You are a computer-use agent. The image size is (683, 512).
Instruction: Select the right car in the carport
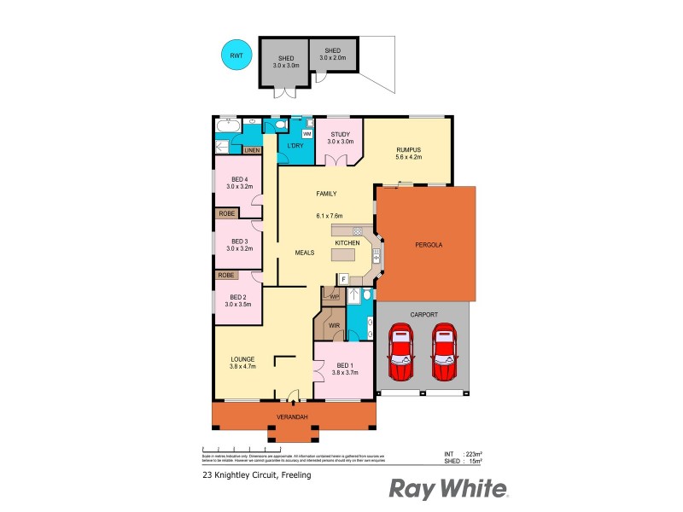pyautogui.click(x=445, y=353)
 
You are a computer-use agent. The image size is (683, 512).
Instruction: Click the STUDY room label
pyautogui.click(x=341, y=134)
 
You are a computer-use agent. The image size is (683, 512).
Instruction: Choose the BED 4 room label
pyautogui.click(x=240, y=178)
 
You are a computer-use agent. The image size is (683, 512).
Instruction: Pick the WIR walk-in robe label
pyautogui.click(x=335, y=325)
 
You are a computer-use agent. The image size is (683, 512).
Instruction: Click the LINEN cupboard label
pyautogui.click(x=252, y=151)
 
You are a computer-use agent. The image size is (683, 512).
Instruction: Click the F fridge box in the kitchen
pyautogui.click(x=343, y=278)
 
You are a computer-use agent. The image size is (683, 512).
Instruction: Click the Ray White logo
pyautogui.click(x=449, y=488)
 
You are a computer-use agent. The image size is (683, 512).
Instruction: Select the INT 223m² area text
pyautogui.click(x=463, y=454)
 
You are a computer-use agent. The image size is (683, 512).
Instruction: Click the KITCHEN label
pyautogui.click(x=347, y=243)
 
